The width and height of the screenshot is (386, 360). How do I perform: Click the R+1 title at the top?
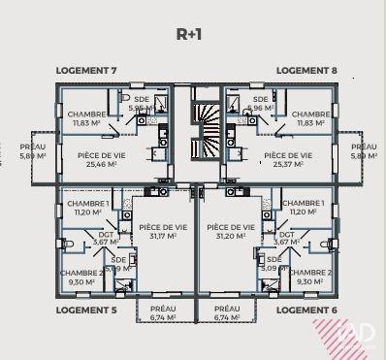click(x=188, y=33)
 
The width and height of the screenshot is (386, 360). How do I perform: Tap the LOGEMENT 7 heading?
click(x=86, y=71)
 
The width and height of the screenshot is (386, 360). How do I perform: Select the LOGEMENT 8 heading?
click(x=306, y=71)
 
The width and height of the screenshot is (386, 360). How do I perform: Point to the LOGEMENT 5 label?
click(x=86, y=310)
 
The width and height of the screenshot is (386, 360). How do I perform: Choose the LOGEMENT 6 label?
click(x=306, y=310)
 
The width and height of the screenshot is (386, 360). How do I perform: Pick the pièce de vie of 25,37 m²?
click(x=288, y=159)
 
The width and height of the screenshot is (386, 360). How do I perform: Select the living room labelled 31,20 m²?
click(x=230, y=230)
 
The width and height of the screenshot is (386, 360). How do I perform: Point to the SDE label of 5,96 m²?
click(x=259, y=104)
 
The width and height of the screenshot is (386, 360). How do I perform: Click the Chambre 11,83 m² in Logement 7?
click(x=87, y=118)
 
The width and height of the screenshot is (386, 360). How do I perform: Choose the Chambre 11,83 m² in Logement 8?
click(x=310, y=118)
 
